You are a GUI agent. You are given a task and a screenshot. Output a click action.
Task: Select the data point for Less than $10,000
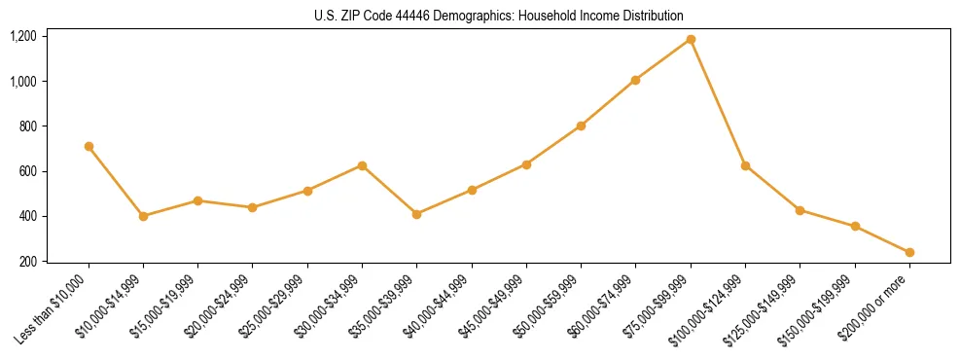pyautogui.click(x=89, y=146)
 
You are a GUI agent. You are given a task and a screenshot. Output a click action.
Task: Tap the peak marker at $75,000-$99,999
pyautogui.click(x=691, y=39)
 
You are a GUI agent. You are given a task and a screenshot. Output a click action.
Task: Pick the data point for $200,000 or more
pyautogui.click(x=909, y=252)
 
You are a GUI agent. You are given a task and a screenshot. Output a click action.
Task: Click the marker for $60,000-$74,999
pyautogui.click(x=635, y=80)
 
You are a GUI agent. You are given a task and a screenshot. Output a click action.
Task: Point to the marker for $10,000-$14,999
pyautogui.click(x=143, y=216)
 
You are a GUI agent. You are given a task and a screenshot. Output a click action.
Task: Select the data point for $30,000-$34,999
pyautogui.click(x=362, y=165)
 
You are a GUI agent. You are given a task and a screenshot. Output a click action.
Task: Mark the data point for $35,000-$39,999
pyautogui.click(x=416, y=214)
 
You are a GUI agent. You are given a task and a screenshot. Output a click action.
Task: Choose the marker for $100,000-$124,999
pyautogui.click(x=745, y=165)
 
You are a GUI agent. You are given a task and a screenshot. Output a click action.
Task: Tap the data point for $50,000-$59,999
pyautogui.click(x=581, y=126)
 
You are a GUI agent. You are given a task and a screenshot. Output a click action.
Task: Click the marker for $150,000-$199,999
pyautogui.click(x=855, y=226)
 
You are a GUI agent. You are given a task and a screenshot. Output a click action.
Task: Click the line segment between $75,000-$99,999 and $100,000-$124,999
pyautogui.click(x=718, y=102)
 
